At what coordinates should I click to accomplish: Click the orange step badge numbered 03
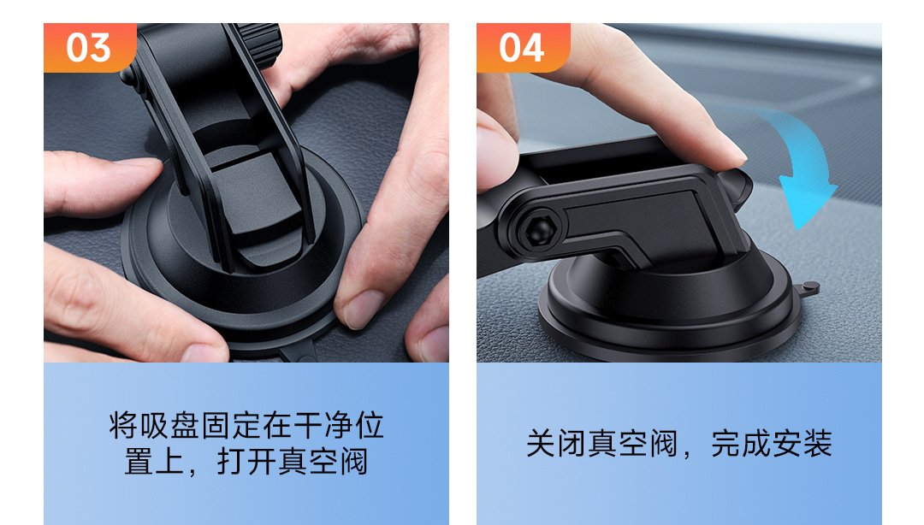pyautogui.click(x=90, y=48)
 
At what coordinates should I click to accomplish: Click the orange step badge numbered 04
pyautogui.click(x=524, y=48)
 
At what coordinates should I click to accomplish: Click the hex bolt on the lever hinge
pyautogui.click(x=539, y=231)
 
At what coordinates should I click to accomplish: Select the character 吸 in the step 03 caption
pyautogui.click(x=154, y=426)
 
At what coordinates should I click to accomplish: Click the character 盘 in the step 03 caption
pyautogui.click(x=185, y=426)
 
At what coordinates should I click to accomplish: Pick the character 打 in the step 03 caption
pyautogui.click(x=231, y=462)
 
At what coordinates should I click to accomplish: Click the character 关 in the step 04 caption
pyautogui.click(x=541, y=444)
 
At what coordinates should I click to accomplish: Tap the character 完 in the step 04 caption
pyautogui.click(x=726, y=444)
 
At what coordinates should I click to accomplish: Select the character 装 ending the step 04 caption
pyautogui.click(x=818, y=444)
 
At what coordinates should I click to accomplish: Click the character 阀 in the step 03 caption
pyautogui.click(x=353, y=462)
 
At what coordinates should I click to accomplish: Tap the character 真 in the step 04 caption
pyautogui.click(x=602, y=444)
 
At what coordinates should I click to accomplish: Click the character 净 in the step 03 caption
pyautogui.click(x=338, y=426)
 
